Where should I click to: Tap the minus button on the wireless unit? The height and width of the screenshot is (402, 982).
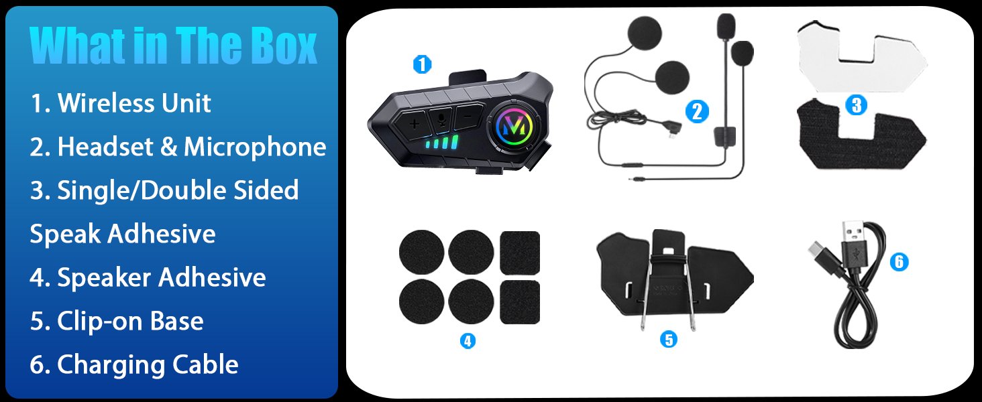pos(468,117)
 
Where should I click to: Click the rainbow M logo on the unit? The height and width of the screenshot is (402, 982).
pos(514,126)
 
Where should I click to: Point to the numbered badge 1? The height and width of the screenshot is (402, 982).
pos(422,64)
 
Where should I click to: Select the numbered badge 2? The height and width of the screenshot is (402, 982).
pos(697,112)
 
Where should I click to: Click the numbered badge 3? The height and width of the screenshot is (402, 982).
pos(856,105)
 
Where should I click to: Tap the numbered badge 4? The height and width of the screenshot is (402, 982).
pos(468,340)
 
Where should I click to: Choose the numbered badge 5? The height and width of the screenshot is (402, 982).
pos(669,340)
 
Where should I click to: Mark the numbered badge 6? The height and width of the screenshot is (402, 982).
pos(899,262)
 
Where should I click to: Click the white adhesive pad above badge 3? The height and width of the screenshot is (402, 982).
pos(862,56)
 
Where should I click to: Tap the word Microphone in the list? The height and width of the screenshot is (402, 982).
pos(255,147)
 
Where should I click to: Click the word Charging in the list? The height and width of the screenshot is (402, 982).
pos(111,364)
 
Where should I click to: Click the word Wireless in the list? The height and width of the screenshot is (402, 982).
pos(107,103)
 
